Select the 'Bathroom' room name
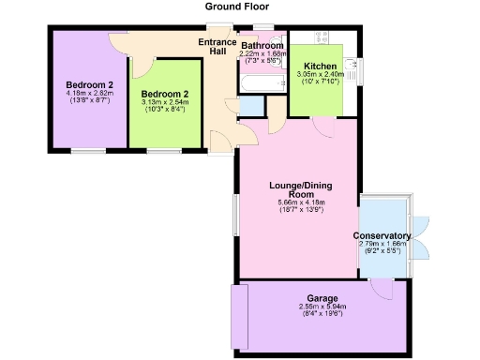coord(262,45)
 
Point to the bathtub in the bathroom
coord(262,84)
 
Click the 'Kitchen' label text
coord(320,66)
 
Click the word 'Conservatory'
coord(382,235)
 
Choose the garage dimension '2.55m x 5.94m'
coord(322,307)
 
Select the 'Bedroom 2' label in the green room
coord(165,95)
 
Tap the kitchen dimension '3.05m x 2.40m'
coord(321,74)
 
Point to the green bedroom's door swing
coord(141,67)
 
